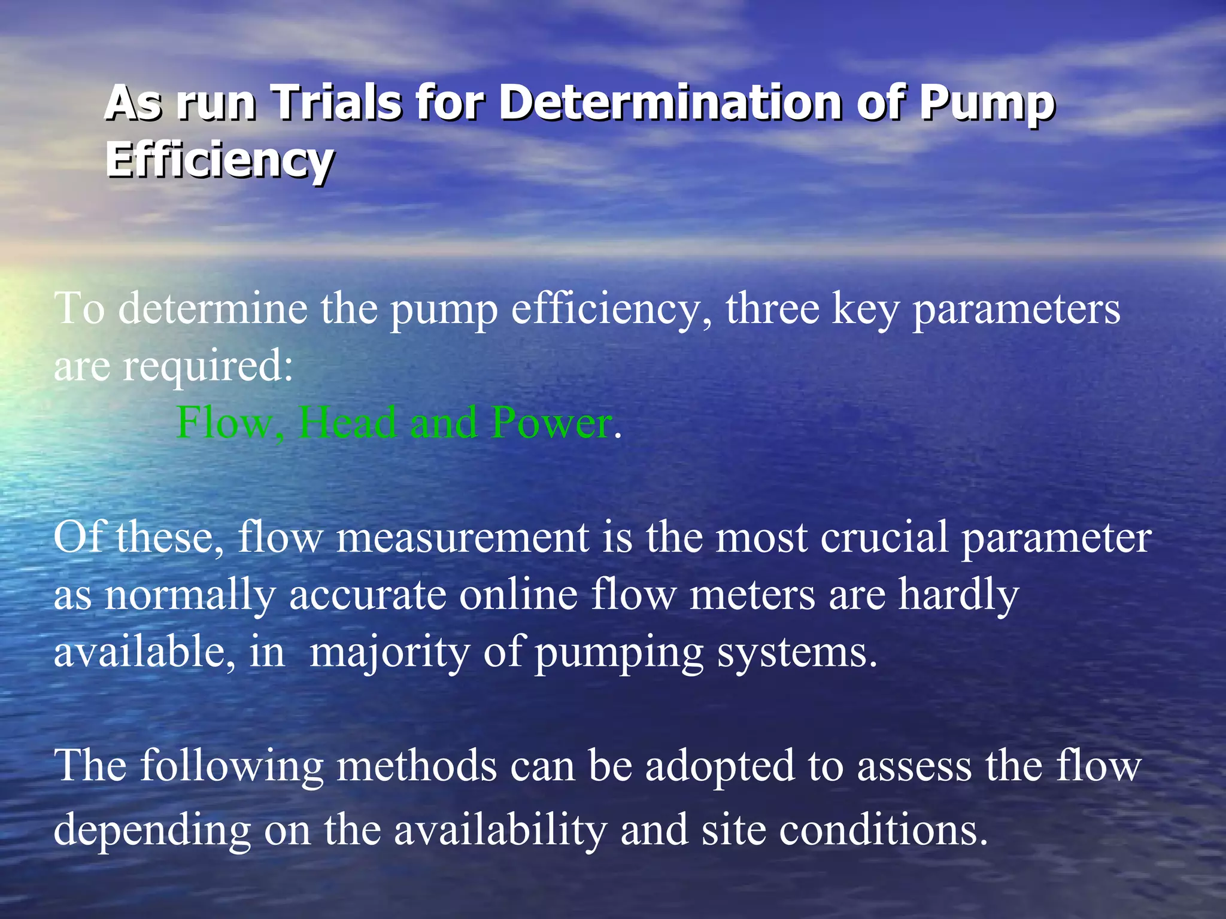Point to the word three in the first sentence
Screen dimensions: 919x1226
pyautogui.click(x=772, y=309)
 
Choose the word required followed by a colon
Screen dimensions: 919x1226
pyautogui.click(x=208, y=366)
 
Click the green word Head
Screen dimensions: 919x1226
pyautogui.click(x=347, y=422)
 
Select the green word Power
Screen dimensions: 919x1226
pyautogui.click(x=551, y=422)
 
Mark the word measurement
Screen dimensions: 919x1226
pyautogui.click(x=462, y=537)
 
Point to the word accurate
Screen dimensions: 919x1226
pyautogui.click(x=368, y=595)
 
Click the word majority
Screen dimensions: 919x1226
pyautogui.click(x=390, y=652)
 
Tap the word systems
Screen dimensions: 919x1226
pyautogui.click(x=796, y=652)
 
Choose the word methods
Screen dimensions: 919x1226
pyautogui.click(x=417, y=766)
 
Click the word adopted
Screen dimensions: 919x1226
pyautogui.click(x=720, y=766)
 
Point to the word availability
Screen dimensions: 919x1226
pyautogui.click(x=500, y=830)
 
